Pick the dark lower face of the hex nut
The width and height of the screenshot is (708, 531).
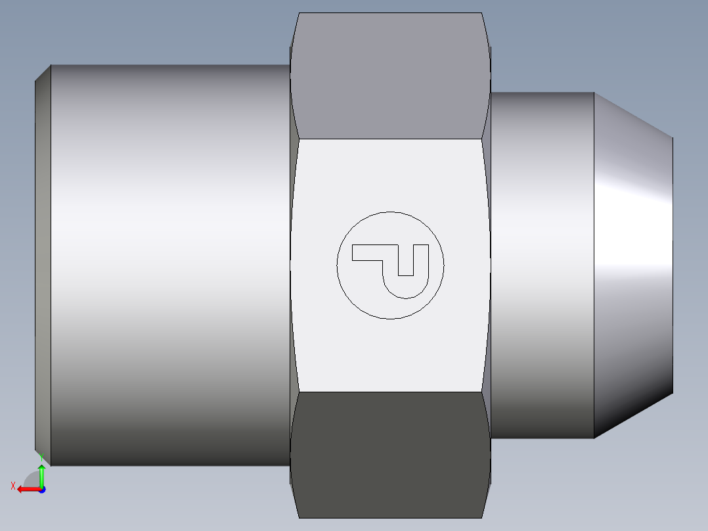(390, 453)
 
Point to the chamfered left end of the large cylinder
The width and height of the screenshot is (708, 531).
(43, 263)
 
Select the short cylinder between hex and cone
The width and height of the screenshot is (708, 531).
(542, 263)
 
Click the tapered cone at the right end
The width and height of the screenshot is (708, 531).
(634, 263)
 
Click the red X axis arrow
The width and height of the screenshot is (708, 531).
(26, 489)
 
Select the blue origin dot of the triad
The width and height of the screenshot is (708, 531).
(42, 489)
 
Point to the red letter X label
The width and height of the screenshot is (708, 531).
(12, 486)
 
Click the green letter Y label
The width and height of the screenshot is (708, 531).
(41, 455)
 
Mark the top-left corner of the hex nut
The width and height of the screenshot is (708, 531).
(299, 13)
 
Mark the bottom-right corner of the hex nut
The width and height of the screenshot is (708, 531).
(481, 517)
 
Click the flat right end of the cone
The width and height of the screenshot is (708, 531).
(673, 263)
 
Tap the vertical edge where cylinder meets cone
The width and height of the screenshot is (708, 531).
(594, 263)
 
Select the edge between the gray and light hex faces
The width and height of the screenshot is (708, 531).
(390, 139)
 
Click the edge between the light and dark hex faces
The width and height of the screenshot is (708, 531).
(390, 392)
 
